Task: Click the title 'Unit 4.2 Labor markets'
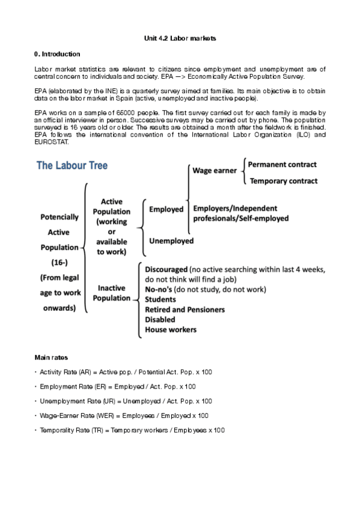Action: click(180, 38)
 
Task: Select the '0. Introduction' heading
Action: click(58, 54)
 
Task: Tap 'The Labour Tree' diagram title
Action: click(73, 165)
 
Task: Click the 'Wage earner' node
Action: click(215, 171)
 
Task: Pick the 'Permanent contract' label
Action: click(282, 164)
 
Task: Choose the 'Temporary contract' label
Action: click(283, 180)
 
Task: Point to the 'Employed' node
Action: click(166, 209)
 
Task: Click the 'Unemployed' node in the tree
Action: click(171, 241)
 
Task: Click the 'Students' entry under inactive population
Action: click(160, 300)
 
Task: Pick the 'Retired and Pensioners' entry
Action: click(185, 309)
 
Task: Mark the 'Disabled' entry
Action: click(160, 319)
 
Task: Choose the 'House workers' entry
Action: click(171, 329)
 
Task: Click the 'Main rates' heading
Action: click(51, 357)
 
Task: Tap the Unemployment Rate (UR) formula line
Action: click(126, 401)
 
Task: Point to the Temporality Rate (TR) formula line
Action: click(132, 430)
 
